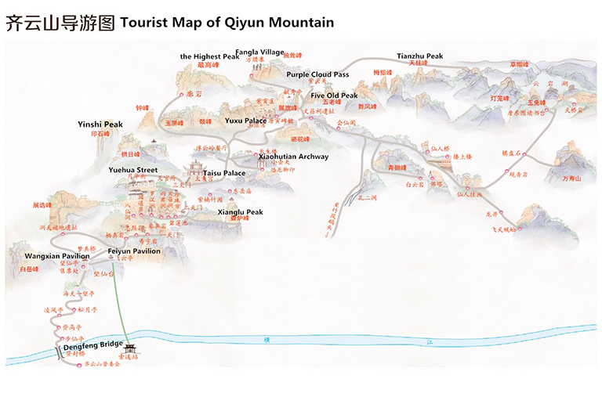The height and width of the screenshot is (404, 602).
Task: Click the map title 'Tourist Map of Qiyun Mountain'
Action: coord(227,23)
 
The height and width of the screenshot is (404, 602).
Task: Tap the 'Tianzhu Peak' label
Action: coord(419,56)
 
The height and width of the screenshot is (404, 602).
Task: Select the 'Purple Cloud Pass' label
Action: coord(317,74)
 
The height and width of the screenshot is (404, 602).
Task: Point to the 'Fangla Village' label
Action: coord(259,52)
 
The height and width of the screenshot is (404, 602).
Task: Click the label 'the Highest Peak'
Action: coord(209,56)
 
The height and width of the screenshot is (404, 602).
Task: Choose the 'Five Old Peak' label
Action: coord(334,96)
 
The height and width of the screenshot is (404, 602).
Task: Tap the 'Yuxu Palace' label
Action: coord(245,121)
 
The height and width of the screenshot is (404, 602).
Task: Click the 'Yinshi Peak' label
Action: coord(100,124)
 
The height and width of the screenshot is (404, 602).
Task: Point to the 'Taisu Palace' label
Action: coord(224,173)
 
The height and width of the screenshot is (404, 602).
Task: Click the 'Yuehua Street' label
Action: coord(133,170)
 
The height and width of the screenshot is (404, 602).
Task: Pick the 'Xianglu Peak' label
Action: coord(241,212)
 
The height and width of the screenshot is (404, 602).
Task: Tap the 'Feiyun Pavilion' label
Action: coord(134,251)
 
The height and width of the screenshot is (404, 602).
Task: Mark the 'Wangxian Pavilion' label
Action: coord(56,256)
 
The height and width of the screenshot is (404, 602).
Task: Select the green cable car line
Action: coord(121,305)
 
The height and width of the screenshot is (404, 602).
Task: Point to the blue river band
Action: coord(353,339)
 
